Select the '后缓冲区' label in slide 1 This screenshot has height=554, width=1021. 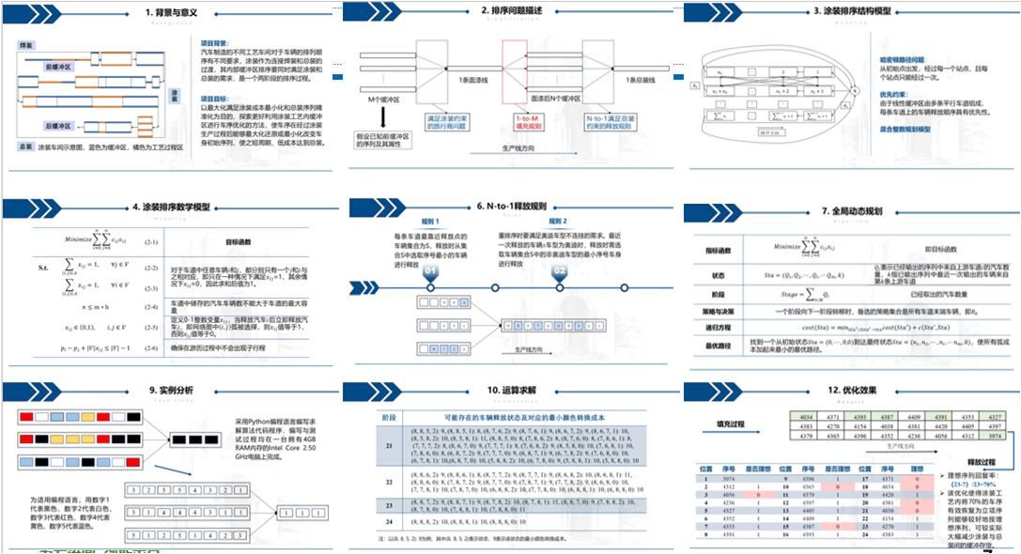pos(59,126)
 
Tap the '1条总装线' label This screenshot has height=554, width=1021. pos(647,82)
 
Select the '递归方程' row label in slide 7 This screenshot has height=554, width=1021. pos(719,325)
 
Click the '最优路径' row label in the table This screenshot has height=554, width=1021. pos(719,345)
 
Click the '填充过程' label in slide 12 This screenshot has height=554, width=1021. pos(730,423)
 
